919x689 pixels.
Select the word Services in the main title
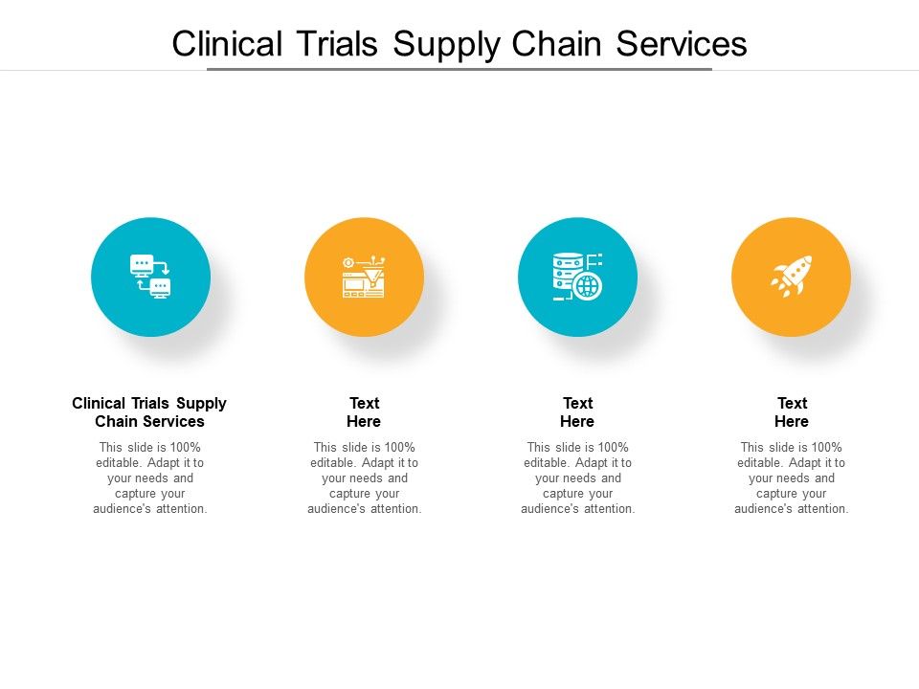[x=682, y=44]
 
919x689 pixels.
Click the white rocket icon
[x=792, y=277]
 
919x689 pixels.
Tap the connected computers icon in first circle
[x=150, y=277]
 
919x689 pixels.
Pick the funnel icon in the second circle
[x=364, y=277]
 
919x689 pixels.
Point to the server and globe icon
[x=577, y=277]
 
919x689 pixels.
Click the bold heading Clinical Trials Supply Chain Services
[x=149, y=412]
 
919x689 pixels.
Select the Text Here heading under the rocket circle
[x=792, y=412]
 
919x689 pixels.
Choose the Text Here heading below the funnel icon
[x=364, y=412]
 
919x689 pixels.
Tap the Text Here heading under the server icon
[x=577, y=412]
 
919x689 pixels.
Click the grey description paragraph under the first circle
[x=150, y=478]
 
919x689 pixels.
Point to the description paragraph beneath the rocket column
[x=792, y=478]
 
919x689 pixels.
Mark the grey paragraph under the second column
[x=364, y=478]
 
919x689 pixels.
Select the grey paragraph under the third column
[x=577, y=478]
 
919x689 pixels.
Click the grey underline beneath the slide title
[x=459, y=69]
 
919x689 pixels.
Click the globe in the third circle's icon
[x=588, y=286]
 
